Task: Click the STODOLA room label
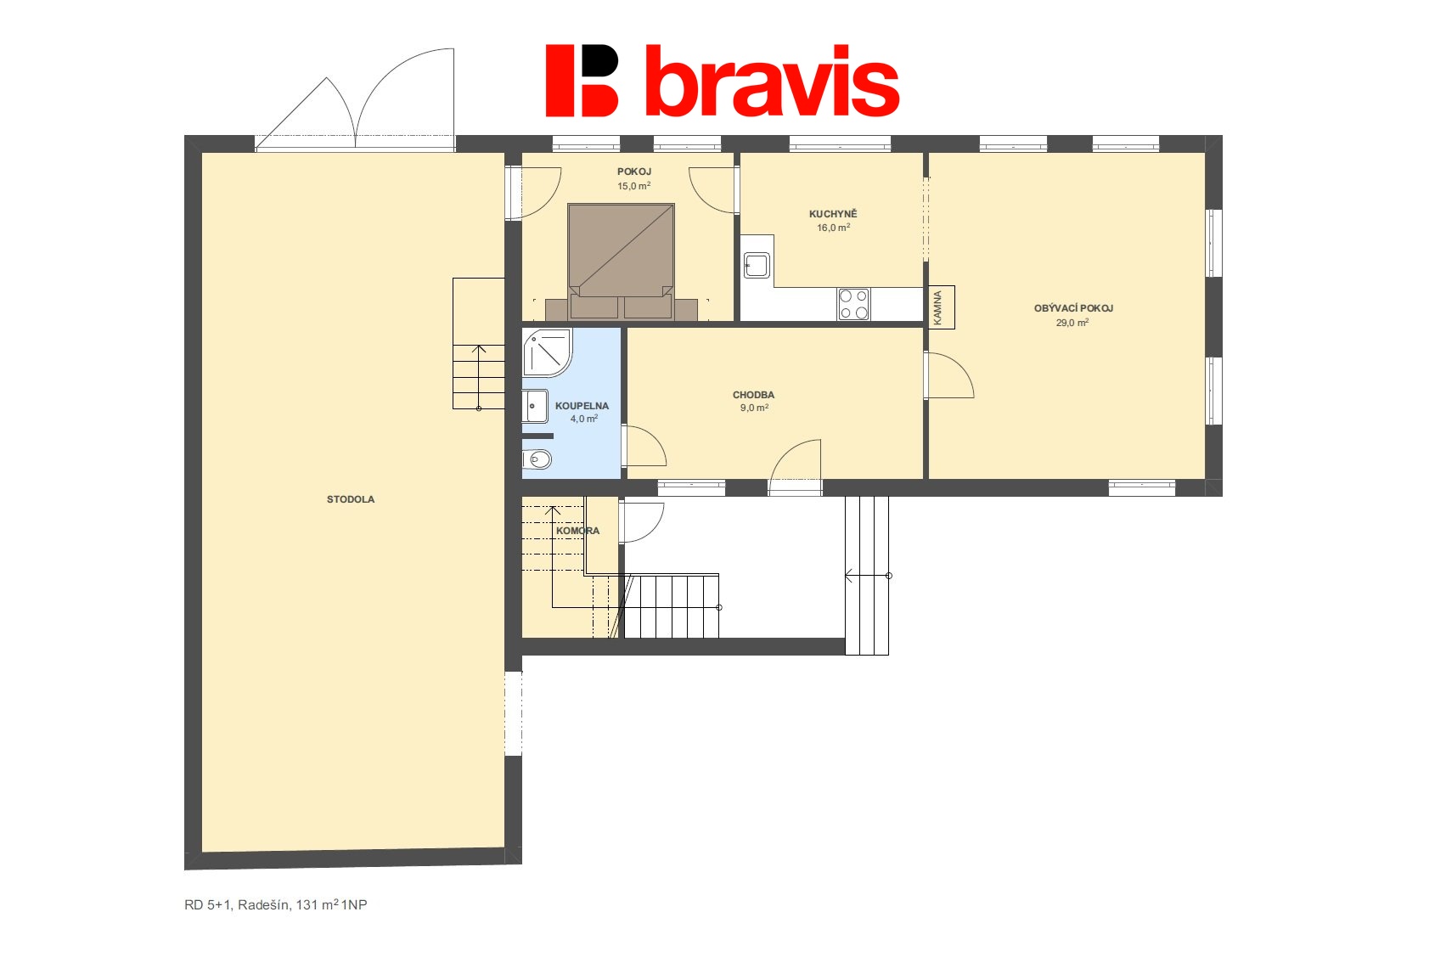(351, 499)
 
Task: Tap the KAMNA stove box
(941, 307)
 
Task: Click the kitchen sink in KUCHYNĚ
(757, 265)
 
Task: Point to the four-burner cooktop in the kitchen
(853, 304)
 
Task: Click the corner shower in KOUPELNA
(548, 352)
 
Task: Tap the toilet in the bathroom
(537, 459)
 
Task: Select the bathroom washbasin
(535, 406)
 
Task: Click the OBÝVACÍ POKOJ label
(1073, 308)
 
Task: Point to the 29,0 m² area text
(1072, 323)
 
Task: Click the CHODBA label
(753, 395)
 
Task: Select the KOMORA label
(577, 531)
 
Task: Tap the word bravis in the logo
(772, 82)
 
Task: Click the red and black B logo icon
(582, 81)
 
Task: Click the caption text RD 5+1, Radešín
(238, 904)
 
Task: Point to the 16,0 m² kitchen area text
(834, 228)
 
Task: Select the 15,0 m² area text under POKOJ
(634, 186)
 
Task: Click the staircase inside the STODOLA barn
(478, 344)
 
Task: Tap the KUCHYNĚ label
(834, 214)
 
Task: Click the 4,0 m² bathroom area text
(584, 419)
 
